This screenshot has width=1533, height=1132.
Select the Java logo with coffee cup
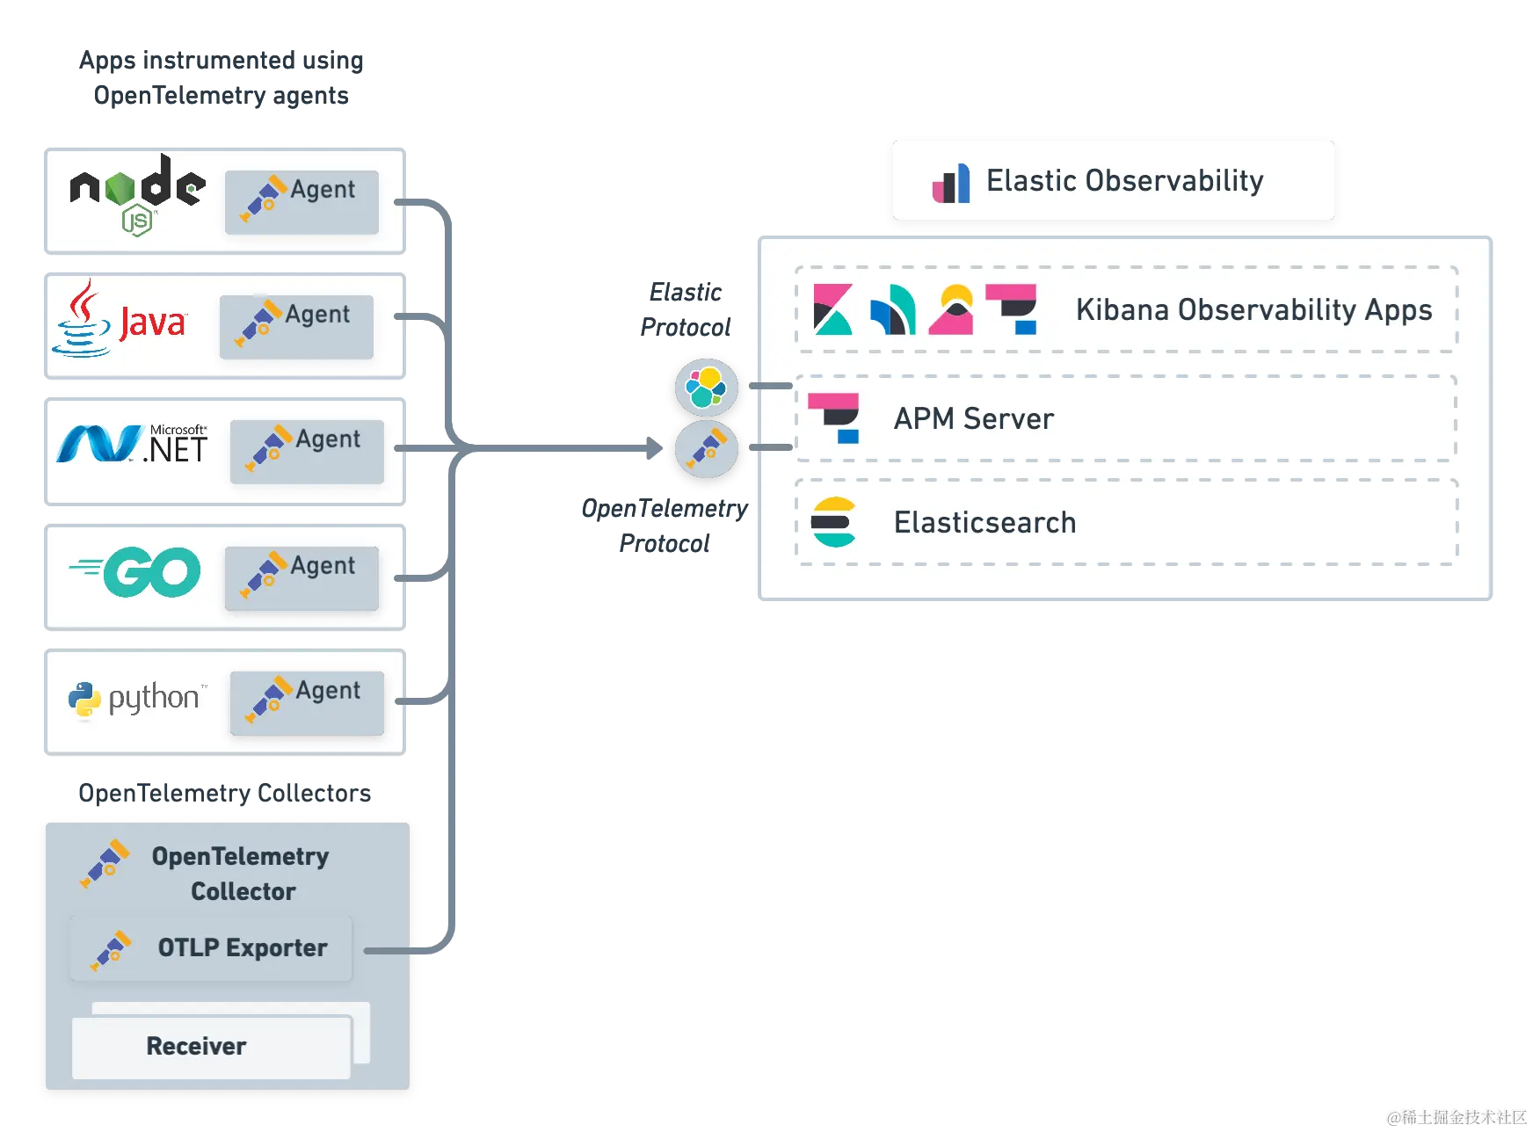pyautogui.click(x=119, y=320)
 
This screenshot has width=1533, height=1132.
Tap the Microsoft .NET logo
pyautogui.click(x=132, y=445)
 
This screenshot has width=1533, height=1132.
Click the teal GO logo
pyautogui.click(x=137, y=571)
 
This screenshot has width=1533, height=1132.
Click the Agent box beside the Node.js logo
pyautogui.click(x=302, y=202)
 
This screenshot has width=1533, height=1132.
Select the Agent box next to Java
pyautogui.click(x=296, y=327)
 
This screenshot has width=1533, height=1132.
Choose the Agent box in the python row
pyautogui.click(x=307, y=703)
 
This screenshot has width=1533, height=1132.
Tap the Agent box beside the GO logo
pyautogui.click(x=302, y=577)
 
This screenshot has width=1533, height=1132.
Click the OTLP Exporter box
pyautogui.click(x=211, y=948)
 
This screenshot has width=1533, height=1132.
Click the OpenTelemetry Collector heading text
pyautogui.click(x=241, y=873)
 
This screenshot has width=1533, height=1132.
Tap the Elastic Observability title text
pyautogui.click(x=1124, y=180)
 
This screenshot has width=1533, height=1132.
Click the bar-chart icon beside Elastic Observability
pyautogui.click(x=951, y=183)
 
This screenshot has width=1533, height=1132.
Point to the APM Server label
pyautogui.click(x=973, y=419)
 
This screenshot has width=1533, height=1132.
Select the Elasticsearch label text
pyautogui.click(x=984, y=523)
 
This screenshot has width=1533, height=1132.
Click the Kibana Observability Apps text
pyautogui.click(x=1253, y=310)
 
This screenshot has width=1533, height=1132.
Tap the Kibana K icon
pyautogui.click(x=832, y=309)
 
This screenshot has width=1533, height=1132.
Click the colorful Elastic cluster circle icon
pyautogui.click(x=706, y=387)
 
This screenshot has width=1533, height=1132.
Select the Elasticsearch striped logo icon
pyautogui.click(x=833, y=522)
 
